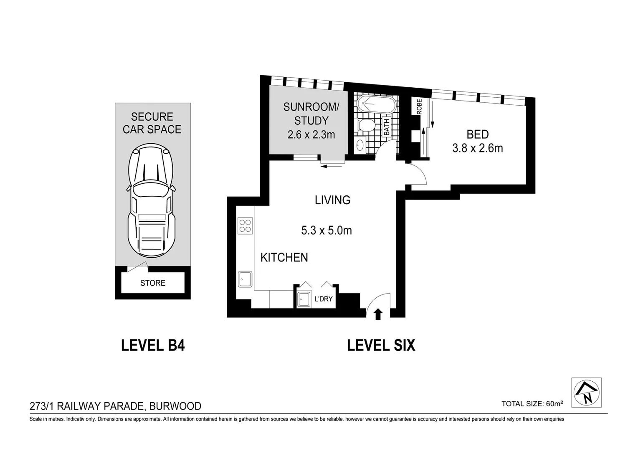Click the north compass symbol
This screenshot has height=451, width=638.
(x=586, y=393)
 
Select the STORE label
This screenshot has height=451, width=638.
(x=152, y=283)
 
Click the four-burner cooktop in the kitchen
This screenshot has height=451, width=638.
(x=245, y=226)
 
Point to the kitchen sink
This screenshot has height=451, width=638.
(x=245, y=279)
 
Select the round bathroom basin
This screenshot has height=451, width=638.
(x=360, y=145)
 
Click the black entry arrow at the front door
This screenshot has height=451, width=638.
(x=378, y=314)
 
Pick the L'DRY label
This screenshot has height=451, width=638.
(x=323, y=299)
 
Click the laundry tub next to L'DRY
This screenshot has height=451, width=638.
(x=304, y=299)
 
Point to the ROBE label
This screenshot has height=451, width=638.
(x=419, y=106)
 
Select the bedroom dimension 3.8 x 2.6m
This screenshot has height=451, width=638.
(x=477, y=148)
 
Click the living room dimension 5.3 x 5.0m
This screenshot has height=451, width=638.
(x=326, y=230)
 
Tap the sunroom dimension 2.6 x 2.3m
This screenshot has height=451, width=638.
(x=311, y=135)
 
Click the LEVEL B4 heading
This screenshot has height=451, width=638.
(x=153, y=346)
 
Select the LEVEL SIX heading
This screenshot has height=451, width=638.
(x=381, y=346)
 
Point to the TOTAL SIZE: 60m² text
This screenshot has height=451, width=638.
(x=532, y=404)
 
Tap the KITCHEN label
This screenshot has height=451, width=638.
(x=284, y=258)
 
